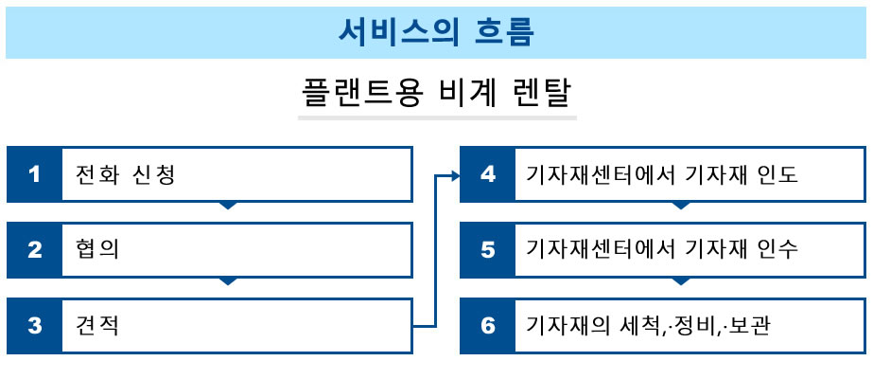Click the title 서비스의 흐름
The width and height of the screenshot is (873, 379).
(x=436, y=33)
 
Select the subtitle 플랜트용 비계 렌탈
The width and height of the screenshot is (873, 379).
(x=437, y=94)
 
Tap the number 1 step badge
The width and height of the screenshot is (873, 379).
(x=34, y=174)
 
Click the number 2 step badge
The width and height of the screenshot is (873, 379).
(x=34, y=250)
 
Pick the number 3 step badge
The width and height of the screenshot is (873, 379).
(x=34, y=326)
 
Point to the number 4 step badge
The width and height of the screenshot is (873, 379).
(x=488, y=174)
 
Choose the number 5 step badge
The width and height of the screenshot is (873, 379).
(x=488, y=250)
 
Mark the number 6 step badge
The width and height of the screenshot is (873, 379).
(x=488, y=326)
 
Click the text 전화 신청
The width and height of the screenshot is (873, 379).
(x=126, y=175)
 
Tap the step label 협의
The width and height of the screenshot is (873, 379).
(x=97, y=250)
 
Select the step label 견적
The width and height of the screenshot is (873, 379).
(x=97, y=326)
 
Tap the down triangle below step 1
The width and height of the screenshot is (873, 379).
(x=228, y=205)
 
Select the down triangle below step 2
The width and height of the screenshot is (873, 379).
(x=228, y=280)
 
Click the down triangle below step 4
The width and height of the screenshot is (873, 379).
(x=682, y=205)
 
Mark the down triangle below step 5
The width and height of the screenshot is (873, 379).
(x=682, y=280)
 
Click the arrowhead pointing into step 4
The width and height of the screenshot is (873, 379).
(x=456, y=176)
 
